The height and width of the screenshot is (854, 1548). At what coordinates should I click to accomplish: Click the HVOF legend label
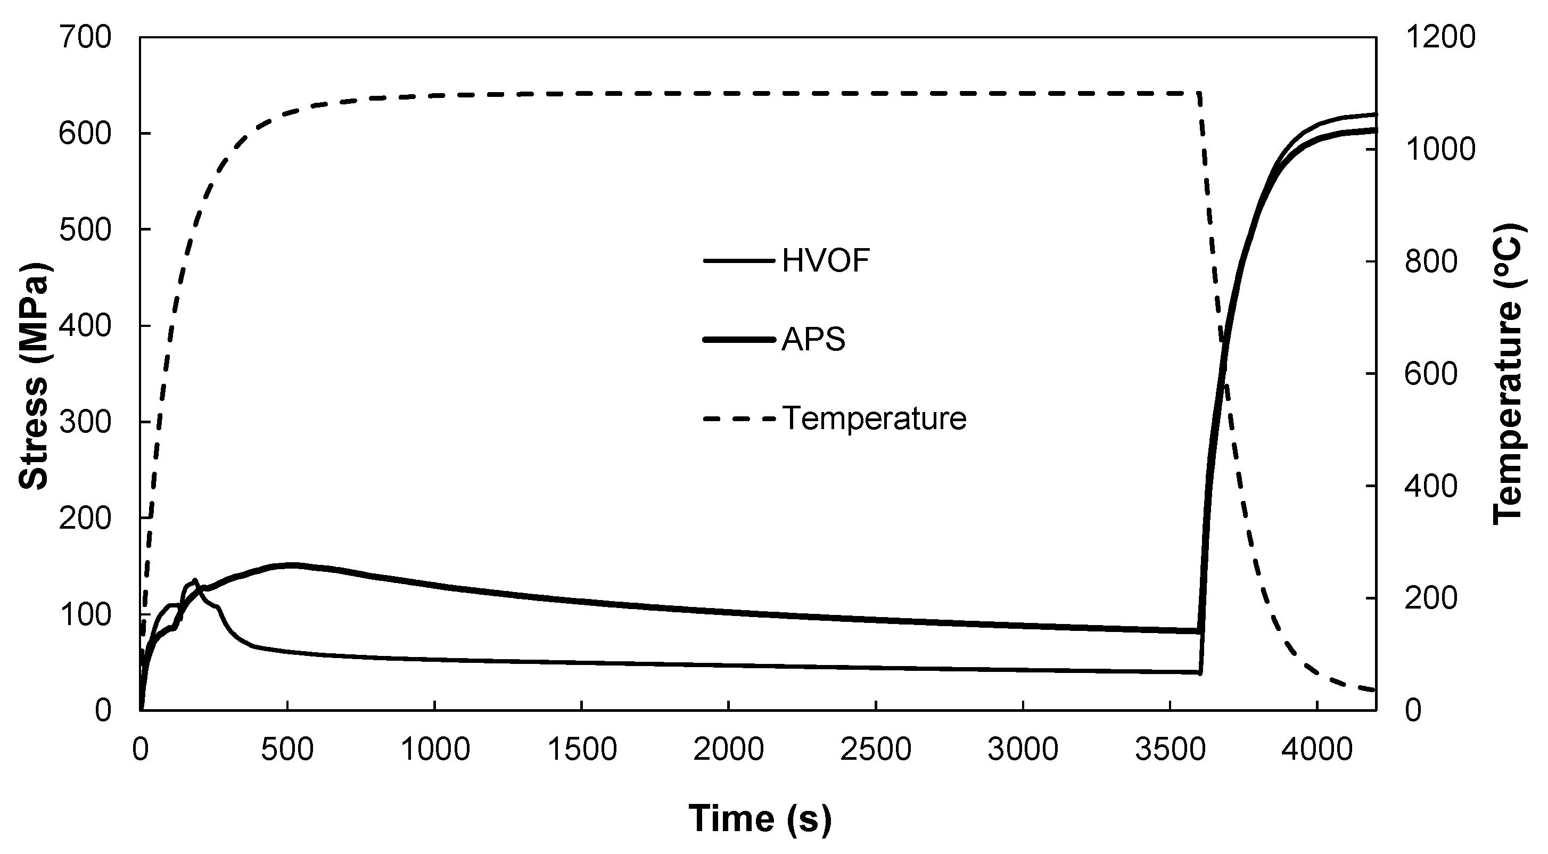[x=826, y=261]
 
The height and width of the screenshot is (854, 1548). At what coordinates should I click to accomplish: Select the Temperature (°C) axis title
[x=1508, y=374]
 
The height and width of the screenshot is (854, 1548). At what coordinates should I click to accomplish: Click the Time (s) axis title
[x=760, y=818]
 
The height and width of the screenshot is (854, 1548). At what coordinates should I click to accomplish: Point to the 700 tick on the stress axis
[x=85, y=38]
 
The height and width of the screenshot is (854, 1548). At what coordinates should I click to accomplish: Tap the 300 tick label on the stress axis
[x=85, y=423]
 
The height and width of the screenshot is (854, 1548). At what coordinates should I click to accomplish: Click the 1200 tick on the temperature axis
[x=1440, y=38]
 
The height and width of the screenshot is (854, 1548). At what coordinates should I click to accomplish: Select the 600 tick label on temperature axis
[x=1430, y=374]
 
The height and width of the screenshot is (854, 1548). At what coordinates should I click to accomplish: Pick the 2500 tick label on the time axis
[x=876, y=750]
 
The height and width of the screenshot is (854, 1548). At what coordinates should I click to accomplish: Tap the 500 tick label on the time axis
[x=287, y=750]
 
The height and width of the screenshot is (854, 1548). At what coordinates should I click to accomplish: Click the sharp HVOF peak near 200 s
[x=195, y=580]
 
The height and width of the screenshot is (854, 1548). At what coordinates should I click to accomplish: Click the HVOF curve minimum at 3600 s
[x=1199, y=672]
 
